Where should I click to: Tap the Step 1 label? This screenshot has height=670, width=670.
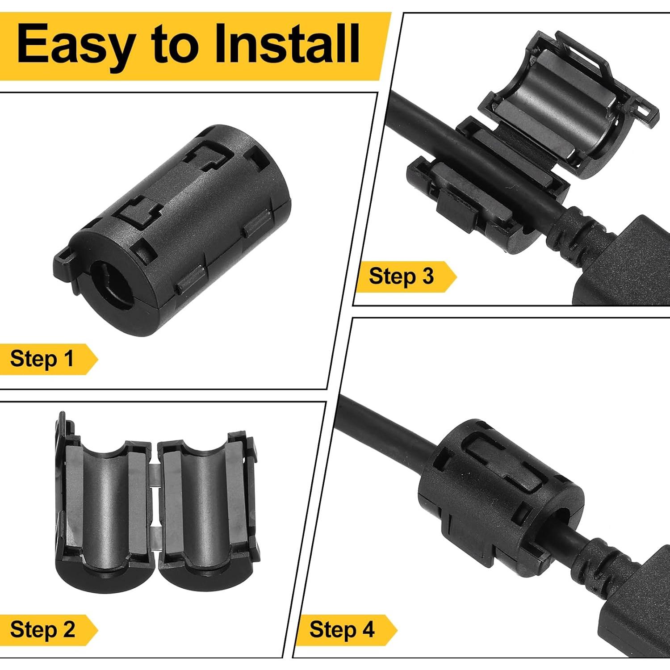[x=42, y=359]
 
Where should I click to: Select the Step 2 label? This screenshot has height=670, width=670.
[x=43, y=630]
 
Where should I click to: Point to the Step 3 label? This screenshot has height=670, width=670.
[x=401, y=276]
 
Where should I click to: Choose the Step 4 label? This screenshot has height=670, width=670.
[x=342, y=630]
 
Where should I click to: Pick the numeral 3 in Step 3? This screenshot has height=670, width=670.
[x=428, y=276]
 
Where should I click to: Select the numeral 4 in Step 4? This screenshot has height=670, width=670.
[x=368, y=630]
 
